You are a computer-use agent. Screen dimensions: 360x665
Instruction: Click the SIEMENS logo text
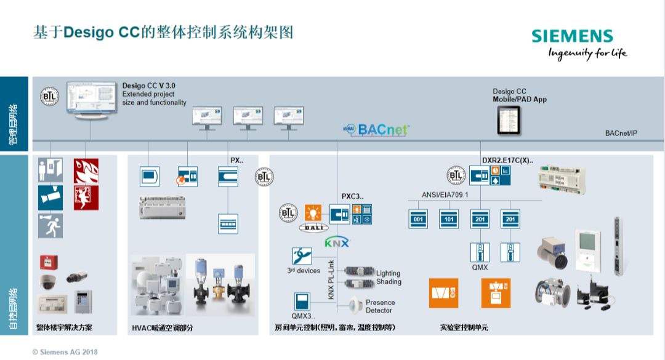click(x=572, y=36)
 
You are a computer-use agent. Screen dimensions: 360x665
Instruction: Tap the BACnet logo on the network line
click(x=375, y=130)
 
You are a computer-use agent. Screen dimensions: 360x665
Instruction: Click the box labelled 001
click(x=419, y=218)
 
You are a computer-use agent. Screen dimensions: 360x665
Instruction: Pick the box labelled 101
click(x=449, y=218)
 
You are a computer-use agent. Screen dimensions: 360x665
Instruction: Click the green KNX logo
click(x=337, y=242)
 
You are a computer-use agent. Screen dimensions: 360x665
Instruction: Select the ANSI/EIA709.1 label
click(x=445, y=194)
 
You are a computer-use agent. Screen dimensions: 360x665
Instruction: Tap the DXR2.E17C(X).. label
click(x=507, y=160)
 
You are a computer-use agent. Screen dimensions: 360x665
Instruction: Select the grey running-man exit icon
click(x=50, y=226)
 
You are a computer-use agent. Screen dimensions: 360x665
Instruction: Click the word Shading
click(x=389, y=282)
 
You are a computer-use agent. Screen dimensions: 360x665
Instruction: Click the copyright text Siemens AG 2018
click(x=65, y=352)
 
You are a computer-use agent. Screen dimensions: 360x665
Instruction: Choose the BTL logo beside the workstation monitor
click(x=49, y=97)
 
